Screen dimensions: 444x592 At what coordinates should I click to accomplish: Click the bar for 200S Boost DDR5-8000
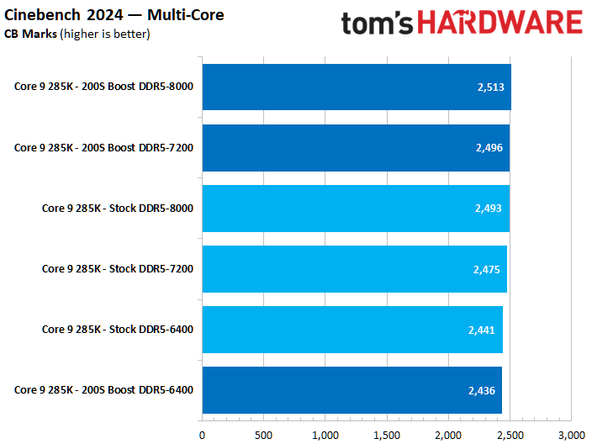356,87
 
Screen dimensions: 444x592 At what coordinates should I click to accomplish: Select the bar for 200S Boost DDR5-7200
355,148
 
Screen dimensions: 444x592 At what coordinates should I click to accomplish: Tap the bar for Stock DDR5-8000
355,209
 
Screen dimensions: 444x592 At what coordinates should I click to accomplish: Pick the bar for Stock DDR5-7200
354,269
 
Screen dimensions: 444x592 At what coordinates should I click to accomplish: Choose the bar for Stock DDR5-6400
351,330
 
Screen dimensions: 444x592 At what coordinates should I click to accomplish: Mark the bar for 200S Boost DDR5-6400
351,390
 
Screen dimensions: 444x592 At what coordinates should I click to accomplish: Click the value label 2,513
489,87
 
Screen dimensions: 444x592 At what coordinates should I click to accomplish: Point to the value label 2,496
489,148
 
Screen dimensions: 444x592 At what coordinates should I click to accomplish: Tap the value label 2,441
483,330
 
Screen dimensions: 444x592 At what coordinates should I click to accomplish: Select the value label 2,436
482,390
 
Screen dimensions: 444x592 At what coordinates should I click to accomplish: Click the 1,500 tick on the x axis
387,435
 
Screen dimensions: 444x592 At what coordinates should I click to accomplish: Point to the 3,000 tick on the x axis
571,435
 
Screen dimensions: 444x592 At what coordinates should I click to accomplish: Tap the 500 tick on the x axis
263,435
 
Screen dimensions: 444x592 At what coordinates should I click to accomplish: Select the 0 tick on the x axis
202,435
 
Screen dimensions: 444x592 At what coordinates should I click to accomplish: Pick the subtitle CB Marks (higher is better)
77,34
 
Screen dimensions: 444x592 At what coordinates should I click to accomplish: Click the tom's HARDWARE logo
462,23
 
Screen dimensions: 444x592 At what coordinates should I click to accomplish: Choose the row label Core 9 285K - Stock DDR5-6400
118,330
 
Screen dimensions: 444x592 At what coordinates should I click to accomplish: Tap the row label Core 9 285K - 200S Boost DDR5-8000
103,87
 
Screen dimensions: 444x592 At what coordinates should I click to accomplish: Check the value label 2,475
487,269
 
